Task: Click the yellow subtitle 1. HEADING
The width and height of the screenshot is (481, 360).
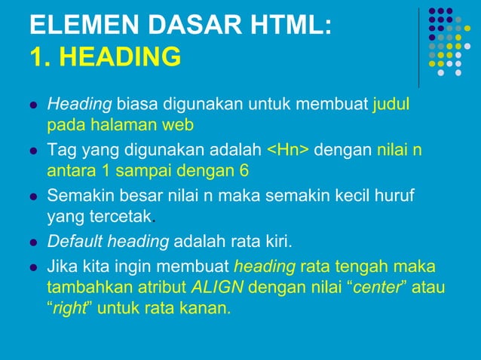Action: point(106,56)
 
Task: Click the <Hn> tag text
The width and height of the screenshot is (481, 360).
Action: point(288,150)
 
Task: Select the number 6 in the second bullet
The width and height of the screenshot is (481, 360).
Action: point(244,170)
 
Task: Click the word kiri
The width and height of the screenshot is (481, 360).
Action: point(277,242)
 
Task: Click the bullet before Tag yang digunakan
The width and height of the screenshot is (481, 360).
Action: point(33,151)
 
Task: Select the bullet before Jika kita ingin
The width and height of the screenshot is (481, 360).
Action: point(33,267)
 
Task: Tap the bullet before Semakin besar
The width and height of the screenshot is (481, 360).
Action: point(33,198)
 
